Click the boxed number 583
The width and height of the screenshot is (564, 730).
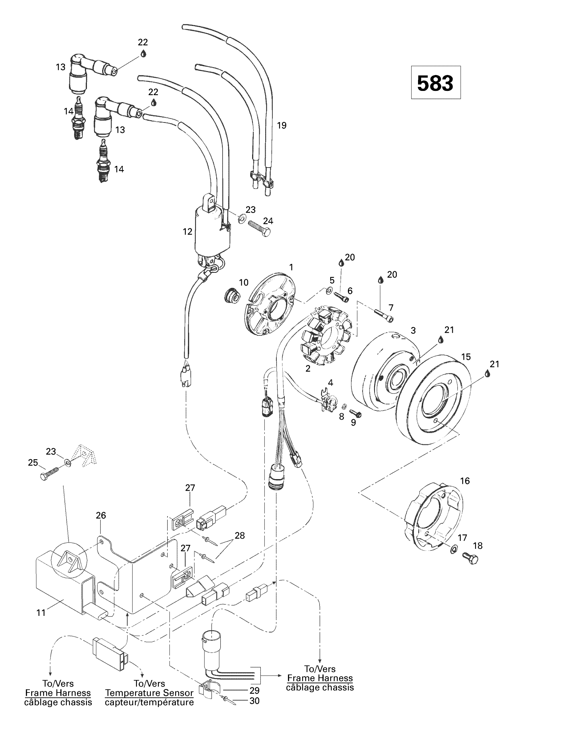point(435,83)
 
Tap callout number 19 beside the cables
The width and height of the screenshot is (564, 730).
point(282,125)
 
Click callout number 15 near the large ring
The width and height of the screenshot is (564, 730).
point(466,357)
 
